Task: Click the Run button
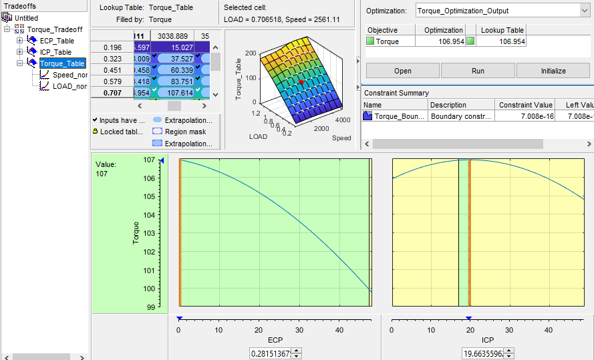click(x=478, y=71)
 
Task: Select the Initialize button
click(x=553, y=71)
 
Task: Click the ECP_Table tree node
click(x=57, y=41)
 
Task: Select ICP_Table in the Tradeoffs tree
click(x=55, y=52)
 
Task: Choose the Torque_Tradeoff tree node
click(x=55, y=29)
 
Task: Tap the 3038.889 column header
click(x=172, y=35)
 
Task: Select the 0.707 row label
click(x=112, y=94)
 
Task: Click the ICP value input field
click(x=482, y=353)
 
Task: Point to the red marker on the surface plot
click(x=301, y=81)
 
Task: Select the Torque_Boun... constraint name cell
click(x=394, y=116)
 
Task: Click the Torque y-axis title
click(x=136, y=232)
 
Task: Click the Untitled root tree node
click(x=26, y=18)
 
